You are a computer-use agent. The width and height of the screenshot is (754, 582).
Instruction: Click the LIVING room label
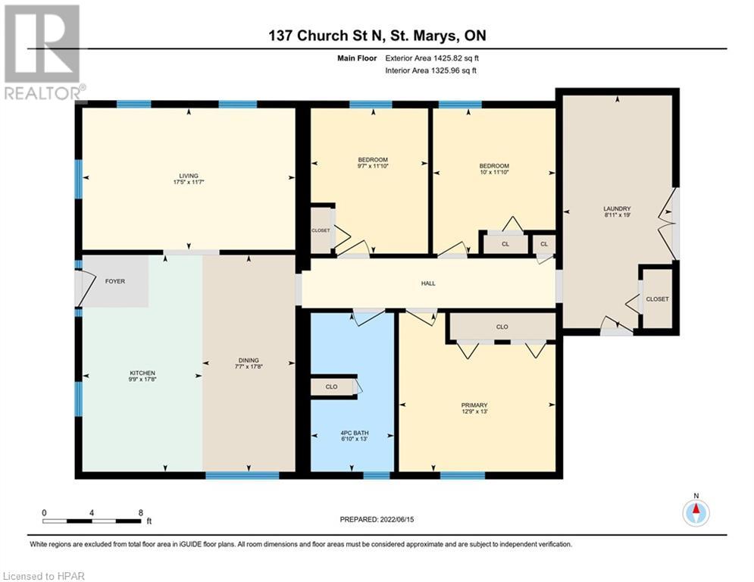tap(189, 176)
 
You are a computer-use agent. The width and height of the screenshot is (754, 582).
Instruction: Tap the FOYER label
tap(115, 281)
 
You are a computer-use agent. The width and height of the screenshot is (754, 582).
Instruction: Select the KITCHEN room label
tap(142, 373)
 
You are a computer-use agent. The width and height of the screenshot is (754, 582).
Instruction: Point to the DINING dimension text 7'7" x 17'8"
tap(249, 367)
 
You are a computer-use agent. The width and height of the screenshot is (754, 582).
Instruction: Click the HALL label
tap(428, 283)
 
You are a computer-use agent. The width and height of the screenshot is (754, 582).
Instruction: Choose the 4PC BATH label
tap(355, 433)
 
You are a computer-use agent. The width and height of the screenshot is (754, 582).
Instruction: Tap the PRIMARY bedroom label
tap(474, 405)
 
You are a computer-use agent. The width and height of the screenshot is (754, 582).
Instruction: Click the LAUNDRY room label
tap(617, 208)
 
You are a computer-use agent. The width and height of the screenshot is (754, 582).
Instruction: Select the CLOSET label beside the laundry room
tap(657, 299)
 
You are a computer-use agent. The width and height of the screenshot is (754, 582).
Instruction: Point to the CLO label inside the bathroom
tap(331, 386)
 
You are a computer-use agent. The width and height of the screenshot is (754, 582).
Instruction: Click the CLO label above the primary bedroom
tap(502, 327)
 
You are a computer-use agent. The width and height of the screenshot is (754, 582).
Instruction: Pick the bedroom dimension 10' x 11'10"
tap(494, 172)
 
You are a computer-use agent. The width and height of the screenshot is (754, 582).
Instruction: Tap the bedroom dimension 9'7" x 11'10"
tap(373, 166)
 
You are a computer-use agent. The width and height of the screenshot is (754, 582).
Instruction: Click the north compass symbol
tap(696, 512)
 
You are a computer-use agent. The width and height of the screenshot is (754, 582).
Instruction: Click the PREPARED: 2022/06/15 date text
tap(377, 519)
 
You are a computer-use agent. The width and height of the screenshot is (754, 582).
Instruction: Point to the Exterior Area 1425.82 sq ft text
tap(432, 58)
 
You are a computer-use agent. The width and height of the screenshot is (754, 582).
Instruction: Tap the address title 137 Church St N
tap(326, 36)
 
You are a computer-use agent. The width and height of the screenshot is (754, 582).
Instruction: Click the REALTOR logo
tap(43, 52)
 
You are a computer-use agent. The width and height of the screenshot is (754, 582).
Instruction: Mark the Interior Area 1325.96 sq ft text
tap(431, 70)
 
